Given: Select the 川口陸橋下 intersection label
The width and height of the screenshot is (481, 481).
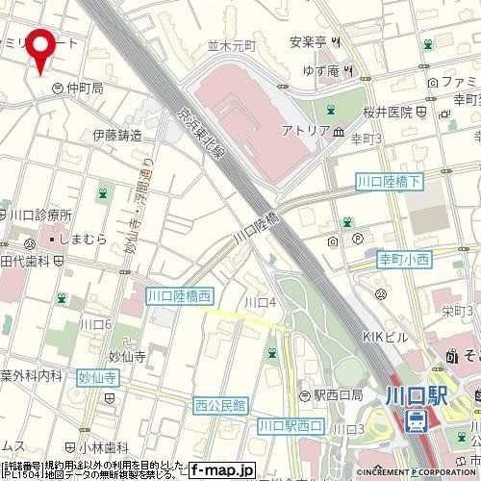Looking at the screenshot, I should [x=389, y=180].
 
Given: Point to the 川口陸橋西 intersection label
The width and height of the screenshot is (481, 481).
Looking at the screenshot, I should [x=179, y=296].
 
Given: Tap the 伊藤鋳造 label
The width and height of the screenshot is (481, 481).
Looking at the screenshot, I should [x=117, y=135].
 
